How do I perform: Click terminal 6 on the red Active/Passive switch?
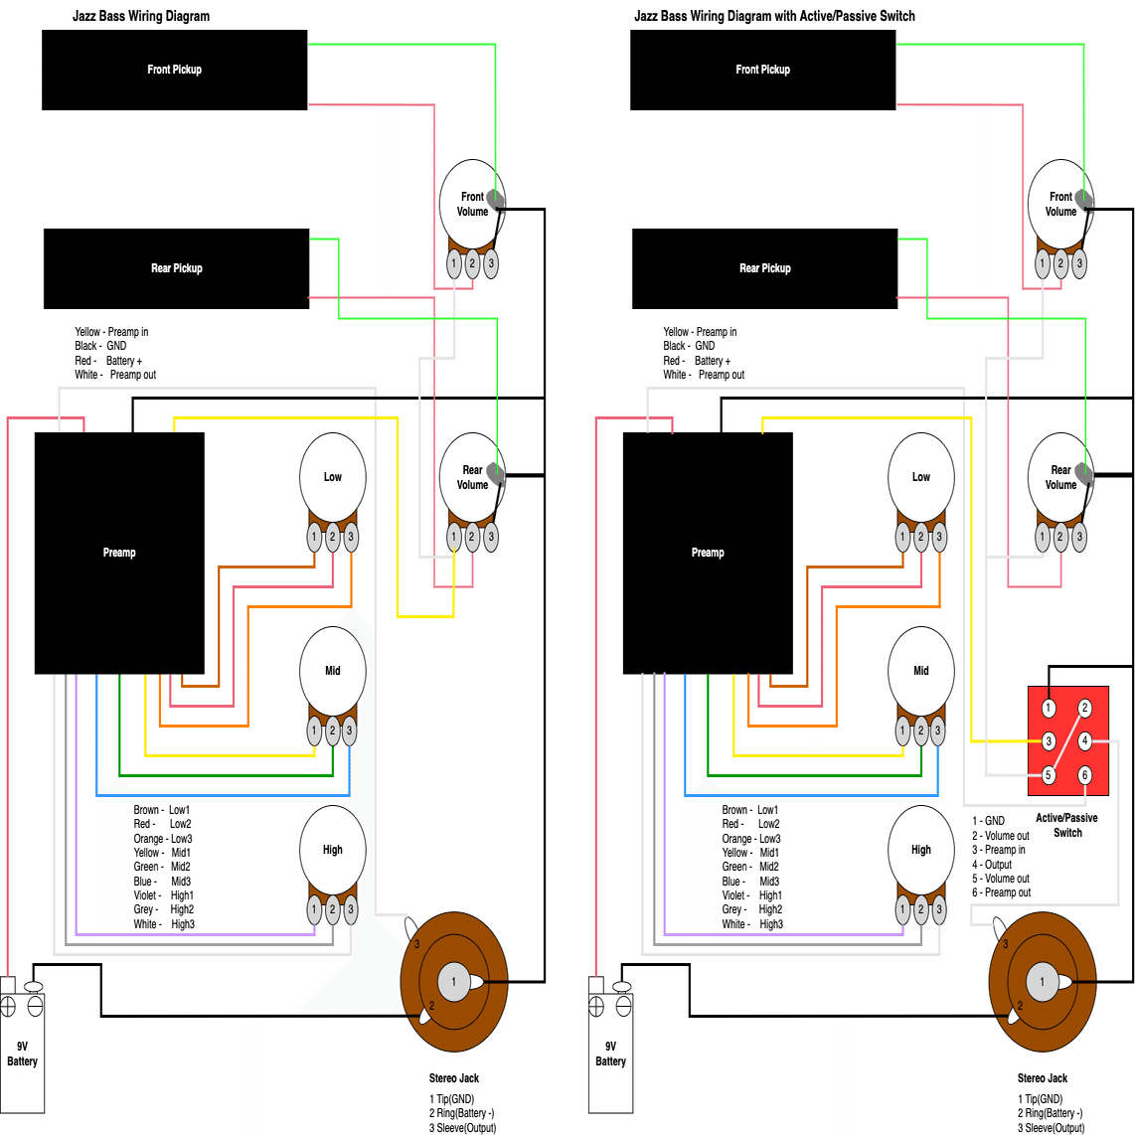[x=1084, y=774]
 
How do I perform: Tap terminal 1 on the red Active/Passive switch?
[x=1049, y=708]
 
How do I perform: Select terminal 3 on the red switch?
[x=1049, y=740]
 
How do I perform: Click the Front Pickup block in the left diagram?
[x=174, y=70]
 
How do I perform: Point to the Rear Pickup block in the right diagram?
[x=764, y=268]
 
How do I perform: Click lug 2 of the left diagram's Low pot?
[x=333, y=537]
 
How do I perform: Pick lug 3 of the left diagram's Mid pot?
[x=349, y=730]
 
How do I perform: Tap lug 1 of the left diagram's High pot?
[x=314, y=908]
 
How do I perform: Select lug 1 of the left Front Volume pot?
[x=454, y=263]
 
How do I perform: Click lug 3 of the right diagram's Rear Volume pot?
[x=1079, y=537]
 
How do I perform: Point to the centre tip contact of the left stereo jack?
[x=454, y=982]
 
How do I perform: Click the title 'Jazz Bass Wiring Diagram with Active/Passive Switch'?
[x=774, y=16]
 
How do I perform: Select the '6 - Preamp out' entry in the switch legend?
[x=1001, y=892]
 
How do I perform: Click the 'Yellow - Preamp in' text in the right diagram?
[x=700, y=332]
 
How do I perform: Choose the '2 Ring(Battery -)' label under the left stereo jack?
[x=461, y=1113]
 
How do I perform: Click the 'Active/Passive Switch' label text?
[x=1066, y=825]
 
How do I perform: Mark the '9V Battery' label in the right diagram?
[x=610, y=1054]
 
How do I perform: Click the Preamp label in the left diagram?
[x=119, y=553]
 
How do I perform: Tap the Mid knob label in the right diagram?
[x=921, y=671]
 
